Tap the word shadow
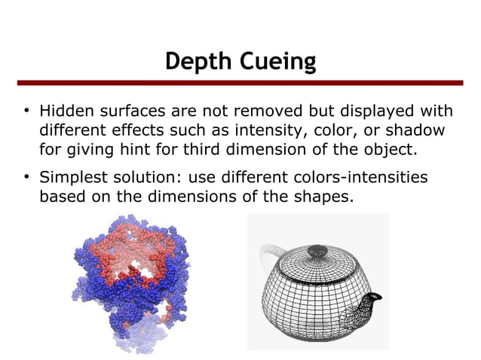(418, 130)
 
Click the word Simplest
(74, 178)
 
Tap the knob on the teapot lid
(310, 248)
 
